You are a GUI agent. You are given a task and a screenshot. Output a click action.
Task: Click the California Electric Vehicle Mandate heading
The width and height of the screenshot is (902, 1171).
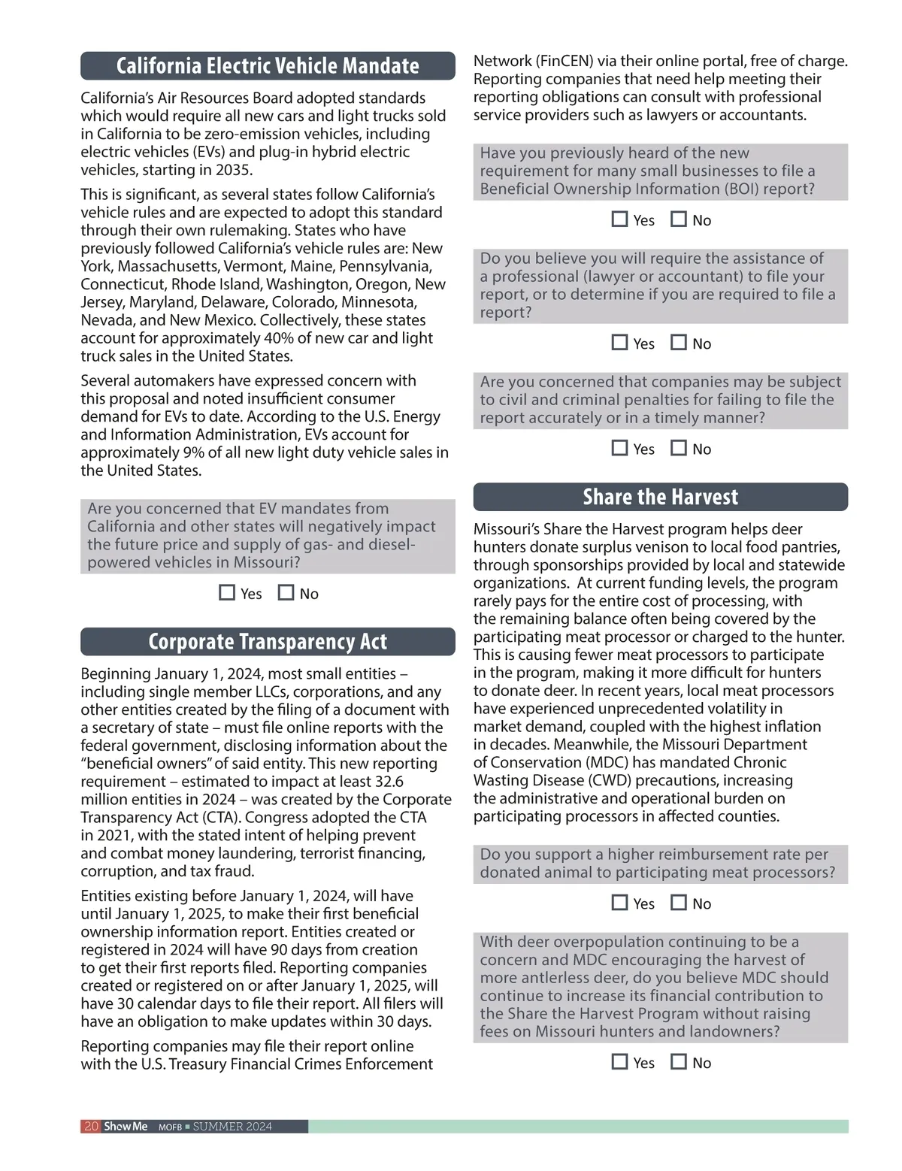click(268, 66)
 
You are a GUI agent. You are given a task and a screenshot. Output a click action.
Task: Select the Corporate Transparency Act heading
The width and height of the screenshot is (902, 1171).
click(268, 642)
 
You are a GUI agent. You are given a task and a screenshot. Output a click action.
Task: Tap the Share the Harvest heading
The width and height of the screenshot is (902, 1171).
click(660, 497)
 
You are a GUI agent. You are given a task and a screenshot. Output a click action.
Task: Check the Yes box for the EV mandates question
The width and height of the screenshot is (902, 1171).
click(227, 593)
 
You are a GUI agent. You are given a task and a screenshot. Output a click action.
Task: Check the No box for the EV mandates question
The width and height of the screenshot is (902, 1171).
click(286, 593)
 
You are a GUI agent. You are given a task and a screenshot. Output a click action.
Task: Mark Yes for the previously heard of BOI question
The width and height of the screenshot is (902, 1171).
click(619, 219)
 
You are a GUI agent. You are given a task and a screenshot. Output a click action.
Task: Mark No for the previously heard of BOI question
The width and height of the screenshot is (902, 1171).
click(679, 219)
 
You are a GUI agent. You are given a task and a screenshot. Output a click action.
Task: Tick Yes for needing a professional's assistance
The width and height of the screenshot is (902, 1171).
click(619, 343)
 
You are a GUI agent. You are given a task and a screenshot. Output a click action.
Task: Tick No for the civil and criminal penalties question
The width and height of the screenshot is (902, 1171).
click(679, 448)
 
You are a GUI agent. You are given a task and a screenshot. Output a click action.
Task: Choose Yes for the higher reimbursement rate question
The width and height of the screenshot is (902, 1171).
click(619, 903)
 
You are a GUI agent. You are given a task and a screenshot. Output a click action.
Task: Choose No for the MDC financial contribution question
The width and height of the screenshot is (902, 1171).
click(679, 1062)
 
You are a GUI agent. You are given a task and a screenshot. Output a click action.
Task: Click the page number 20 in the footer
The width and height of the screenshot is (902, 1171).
click(91, 1127)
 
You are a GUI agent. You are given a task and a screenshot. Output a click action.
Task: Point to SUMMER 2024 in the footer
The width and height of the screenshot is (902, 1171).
click(232, 1127)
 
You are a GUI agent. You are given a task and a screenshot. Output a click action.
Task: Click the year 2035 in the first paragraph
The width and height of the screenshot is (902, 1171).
click(234, 170)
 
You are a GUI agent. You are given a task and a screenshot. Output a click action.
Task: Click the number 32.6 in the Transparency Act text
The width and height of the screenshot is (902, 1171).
click(389, 782)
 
